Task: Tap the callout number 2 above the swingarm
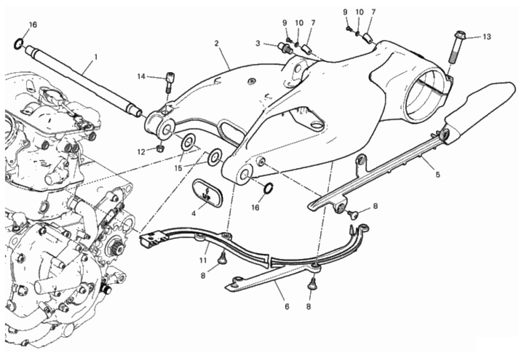pos(216,43)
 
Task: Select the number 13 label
pos(486,37)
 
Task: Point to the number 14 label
pos(141,77)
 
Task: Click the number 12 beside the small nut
pos(141,152)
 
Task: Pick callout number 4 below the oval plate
pos(193,213)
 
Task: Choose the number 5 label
pos(437,174)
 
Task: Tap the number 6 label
pos(287,306)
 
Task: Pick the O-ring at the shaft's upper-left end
pos(18,43)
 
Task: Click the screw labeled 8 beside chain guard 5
pos(353,214)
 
